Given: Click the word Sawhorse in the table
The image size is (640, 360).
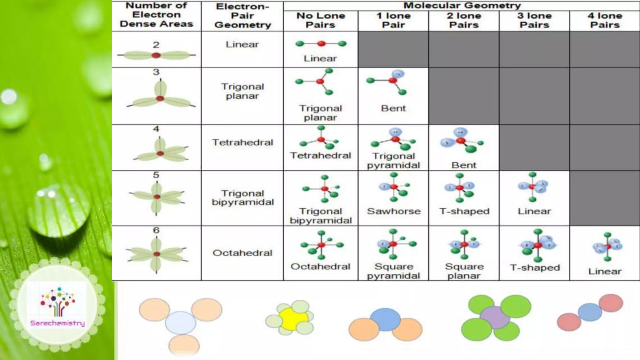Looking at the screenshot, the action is (393, 211).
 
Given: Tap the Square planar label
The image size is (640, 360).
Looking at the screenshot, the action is (464, 271).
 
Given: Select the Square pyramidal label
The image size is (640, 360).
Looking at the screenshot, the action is (393, 271).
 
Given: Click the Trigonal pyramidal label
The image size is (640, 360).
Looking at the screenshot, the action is (393, 160).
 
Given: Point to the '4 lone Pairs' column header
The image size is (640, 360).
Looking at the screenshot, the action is (605, 20).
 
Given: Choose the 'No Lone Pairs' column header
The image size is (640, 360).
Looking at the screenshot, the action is (321, 20).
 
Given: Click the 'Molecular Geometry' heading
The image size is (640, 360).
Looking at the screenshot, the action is (462, 5).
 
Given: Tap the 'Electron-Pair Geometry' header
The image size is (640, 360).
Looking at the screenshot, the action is (242, 16).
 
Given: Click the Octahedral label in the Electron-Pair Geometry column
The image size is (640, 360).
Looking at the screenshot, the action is (242, 253).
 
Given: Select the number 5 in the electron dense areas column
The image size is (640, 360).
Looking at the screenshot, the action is (156, 175).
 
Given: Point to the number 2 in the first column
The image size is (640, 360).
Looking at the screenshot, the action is (156, 45).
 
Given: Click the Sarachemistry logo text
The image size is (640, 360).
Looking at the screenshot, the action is (57, 323).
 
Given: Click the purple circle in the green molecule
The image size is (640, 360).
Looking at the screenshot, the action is (495, 317).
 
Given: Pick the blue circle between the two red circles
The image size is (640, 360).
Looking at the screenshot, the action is (590, 312).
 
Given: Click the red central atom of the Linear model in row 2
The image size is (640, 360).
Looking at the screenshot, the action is (321, 44).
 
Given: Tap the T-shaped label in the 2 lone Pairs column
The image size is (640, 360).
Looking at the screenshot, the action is (464, 211).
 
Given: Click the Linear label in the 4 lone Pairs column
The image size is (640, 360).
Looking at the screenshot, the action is (605, 271).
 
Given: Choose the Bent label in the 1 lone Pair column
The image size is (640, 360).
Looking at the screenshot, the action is (393, 108).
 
